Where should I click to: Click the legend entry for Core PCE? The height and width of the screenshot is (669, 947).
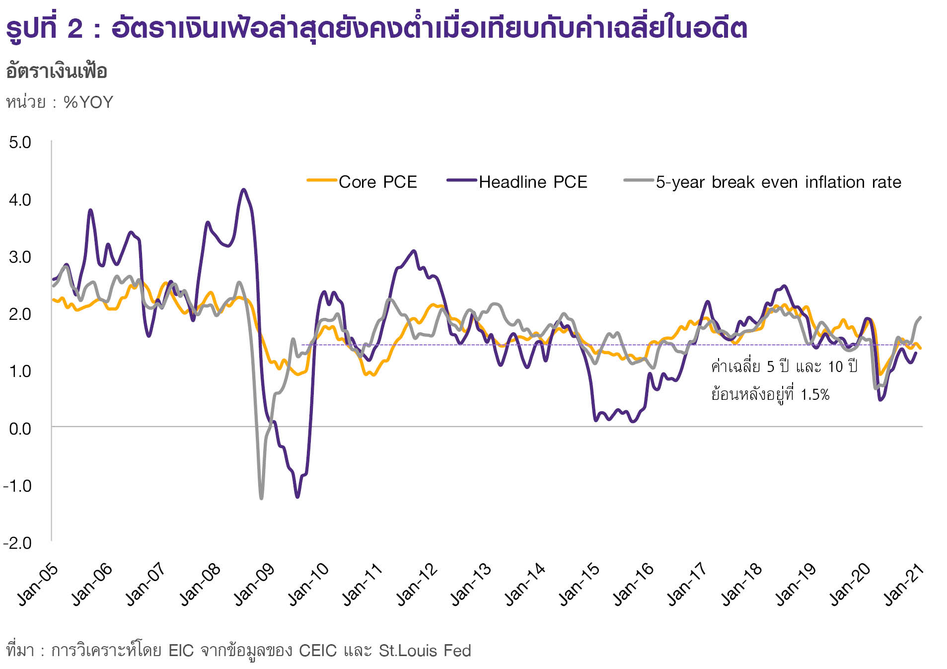(377, 182)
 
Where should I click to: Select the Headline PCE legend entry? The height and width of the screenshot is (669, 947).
(532, 182)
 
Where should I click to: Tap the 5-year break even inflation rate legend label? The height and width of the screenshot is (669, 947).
(778, 182)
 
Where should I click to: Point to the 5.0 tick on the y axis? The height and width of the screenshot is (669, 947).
(20, 143)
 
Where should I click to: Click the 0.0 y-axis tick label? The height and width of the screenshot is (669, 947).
(20, 428)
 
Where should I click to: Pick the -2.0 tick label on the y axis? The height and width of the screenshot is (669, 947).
(17, 542)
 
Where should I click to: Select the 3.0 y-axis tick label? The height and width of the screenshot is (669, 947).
(20, 257)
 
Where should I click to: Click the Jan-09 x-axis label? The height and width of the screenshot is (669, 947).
(254, 585)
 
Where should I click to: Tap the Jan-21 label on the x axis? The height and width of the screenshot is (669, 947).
(904, 585)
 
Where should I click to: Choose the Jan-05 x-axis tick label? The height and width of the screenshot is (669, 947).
(38, 585)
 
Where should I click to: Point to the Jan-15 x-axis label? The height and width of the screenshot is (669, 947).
(580, 585)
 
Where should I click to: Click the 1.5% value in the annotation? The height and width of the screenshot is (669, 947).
(815, 395)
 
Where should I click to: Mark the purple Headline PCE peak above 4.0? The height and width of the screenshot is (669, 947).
(243, 189)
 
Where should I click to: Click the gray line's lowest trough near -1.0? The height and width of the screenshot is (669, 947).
(261, 498)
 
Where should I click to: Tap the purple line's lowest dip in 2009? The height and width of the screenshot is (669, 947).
(297, 497)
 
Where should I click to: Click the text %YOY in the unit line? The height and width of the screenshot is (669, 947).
(88, 102)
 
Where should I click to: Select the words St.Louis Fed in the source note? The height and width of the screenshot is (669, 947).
(425, 651)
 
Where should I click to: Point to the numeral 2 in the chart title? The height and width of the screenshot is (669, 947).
(75, 28)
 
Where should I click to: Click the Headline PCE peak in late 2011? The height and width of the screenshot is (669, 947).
(414, 251)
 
